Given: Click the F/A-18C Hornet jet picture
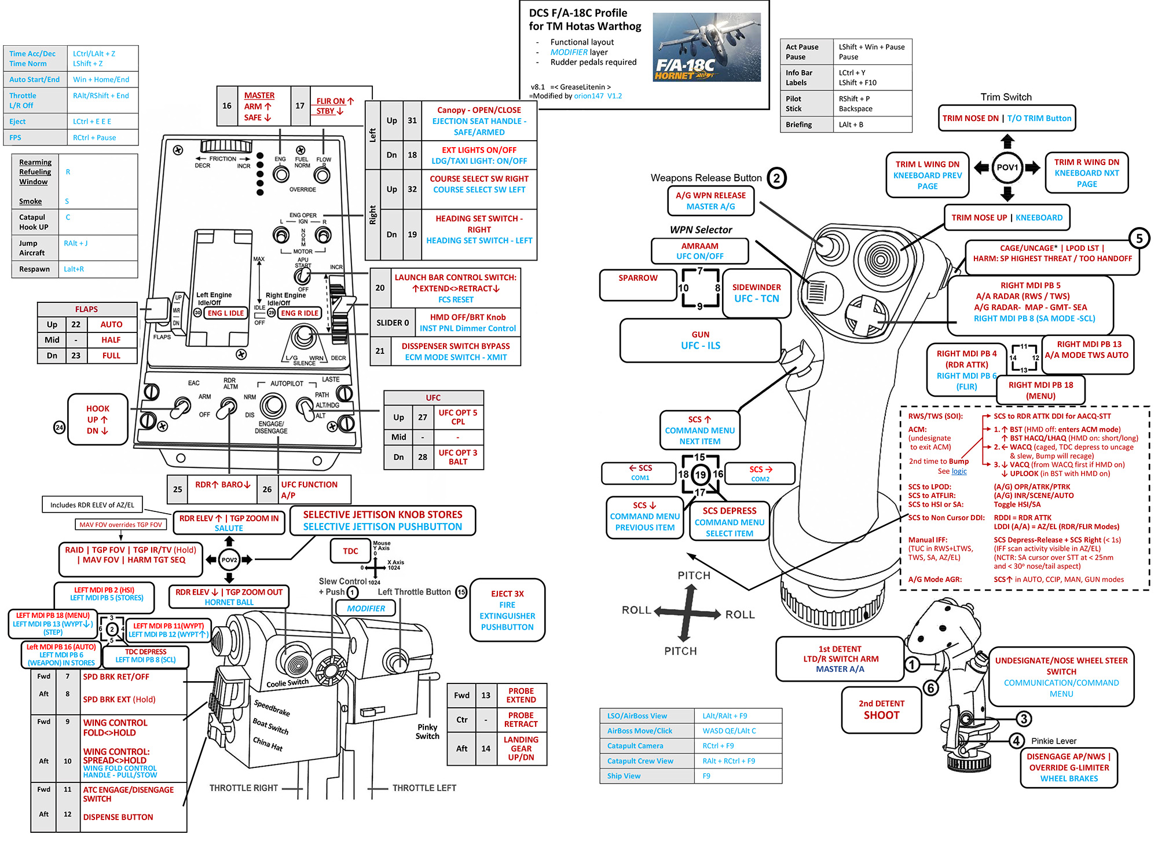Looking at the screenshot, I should [x=706, y=47].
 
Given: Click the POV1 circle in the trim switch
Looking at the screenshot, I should [x=1007, y=167].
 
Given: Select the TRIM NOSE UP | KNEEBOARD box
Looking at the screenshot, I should [x=1007, y=218].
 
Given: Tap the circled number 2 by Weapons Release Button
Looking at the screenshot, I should [x=776, y=178].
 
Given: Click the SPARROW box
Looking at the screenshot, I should [x=637, y=284].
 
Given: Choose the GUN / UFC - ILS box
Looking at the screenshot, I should [x=700, y=341].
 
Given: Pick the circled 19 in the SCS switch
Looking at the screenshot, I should [x=701, y=475].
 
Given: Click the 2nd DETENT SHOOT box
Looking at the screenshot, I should [x=881, y=709].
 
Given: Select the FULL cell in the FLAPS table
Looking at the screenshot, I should [x=111, y=356].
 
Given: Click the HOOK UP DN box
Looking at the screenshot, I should [x=97, y=420].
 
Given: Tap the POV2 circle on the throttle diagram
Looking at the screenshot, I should [x=229, y=559].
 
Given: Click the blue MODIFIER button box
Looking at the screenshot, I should [x=365, y=608].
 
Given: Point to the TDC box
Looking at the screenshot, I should [x=350, y=551].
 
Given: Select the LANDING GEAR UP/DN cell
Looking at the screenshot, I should [x=521, y=748].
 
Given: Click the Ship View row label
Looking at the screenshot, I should [x=624, y=776].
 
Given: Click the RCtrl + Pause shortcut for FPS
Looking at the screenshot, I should [x=94, y=138].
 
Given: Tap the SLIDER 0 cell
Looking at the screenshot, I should [x=392, y=323].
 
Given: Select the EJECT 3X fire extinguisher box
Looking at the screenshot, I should [x=507, y=610].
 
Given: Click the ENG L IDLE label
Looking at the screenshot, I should [x=225, y=313].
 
